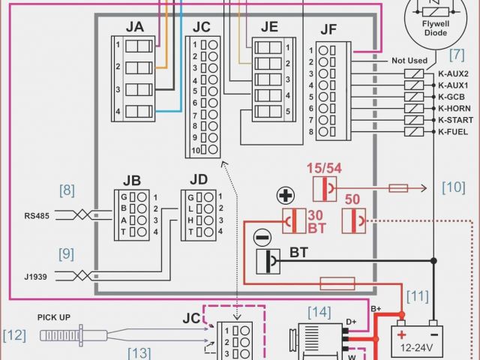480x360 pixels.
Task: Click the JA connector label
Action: (135, 28)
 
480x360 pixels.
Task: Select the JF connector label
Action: (328, 31)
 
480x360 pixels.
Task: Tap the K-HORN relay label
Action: (453, 108)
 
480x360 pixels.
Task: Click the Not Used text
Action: (409, 61)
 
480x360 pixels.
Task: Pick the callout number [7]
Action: (457, 54)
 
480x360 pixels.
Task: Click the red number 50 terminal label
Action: (353, 199)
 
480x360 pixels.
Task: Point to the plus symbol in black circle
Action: (285, 196)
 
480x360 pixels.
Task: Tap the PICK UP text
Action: (53, 317)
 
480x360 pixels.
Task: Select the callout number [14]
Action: (318, 310)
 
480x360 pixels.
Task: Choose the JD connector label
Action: (199, 180)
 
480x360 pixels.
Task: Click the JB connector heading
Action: (132, 180)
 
